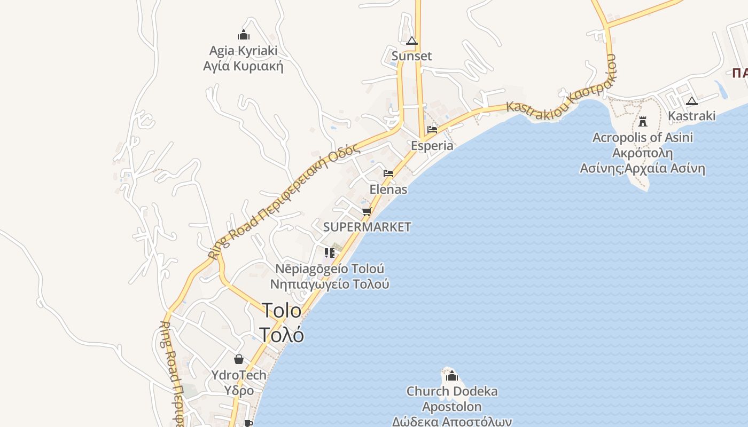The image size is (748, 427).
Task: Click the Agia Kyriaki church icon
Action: (x=244, y=35)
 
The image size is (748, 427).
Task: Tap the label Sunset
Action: (x=411, y=56)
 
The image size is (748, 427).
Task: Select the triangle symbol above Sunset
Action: (x=411, y=41)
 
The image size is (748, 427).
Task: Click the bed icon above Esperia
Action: (x=432, y=130)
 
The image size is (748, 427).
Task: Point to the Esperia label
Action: (x=432, y=146)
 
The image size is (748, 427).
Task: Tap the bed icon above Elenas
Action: (x=388, y=173)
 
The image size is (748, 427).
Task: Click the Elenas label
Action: (x=388, y=189)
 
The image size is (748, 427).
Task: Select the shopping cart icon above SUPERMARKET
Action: (x=367, y=211)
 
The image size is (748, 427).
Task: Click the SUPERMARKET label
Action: (x=367, y=227)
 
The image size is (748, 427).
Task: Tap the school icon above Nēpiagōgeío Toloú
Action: (x=330, y=252)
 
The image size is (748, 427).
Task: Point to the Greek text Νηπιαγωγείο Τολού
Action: (x=330, y=284)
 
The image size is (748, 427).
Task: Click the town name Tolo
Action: (x=282, y=311)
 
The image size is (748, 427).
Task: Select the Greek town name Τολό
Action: (x=282, y=335)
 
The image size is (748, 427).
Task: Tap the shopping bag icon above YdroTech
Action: (x=239, y=359)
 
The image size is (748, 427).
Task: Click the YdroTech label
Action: (x=239, y=375)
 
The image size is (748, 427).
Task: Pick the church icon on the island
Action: (x=452, y=376)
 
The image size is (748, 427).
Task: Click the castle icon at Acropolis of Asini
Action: (x=643, y=121)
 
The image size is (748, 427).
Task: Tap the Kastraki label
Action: (x=692, y=116)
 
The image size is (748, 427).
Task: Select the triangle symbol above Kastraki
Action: (x=692, y=101)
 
